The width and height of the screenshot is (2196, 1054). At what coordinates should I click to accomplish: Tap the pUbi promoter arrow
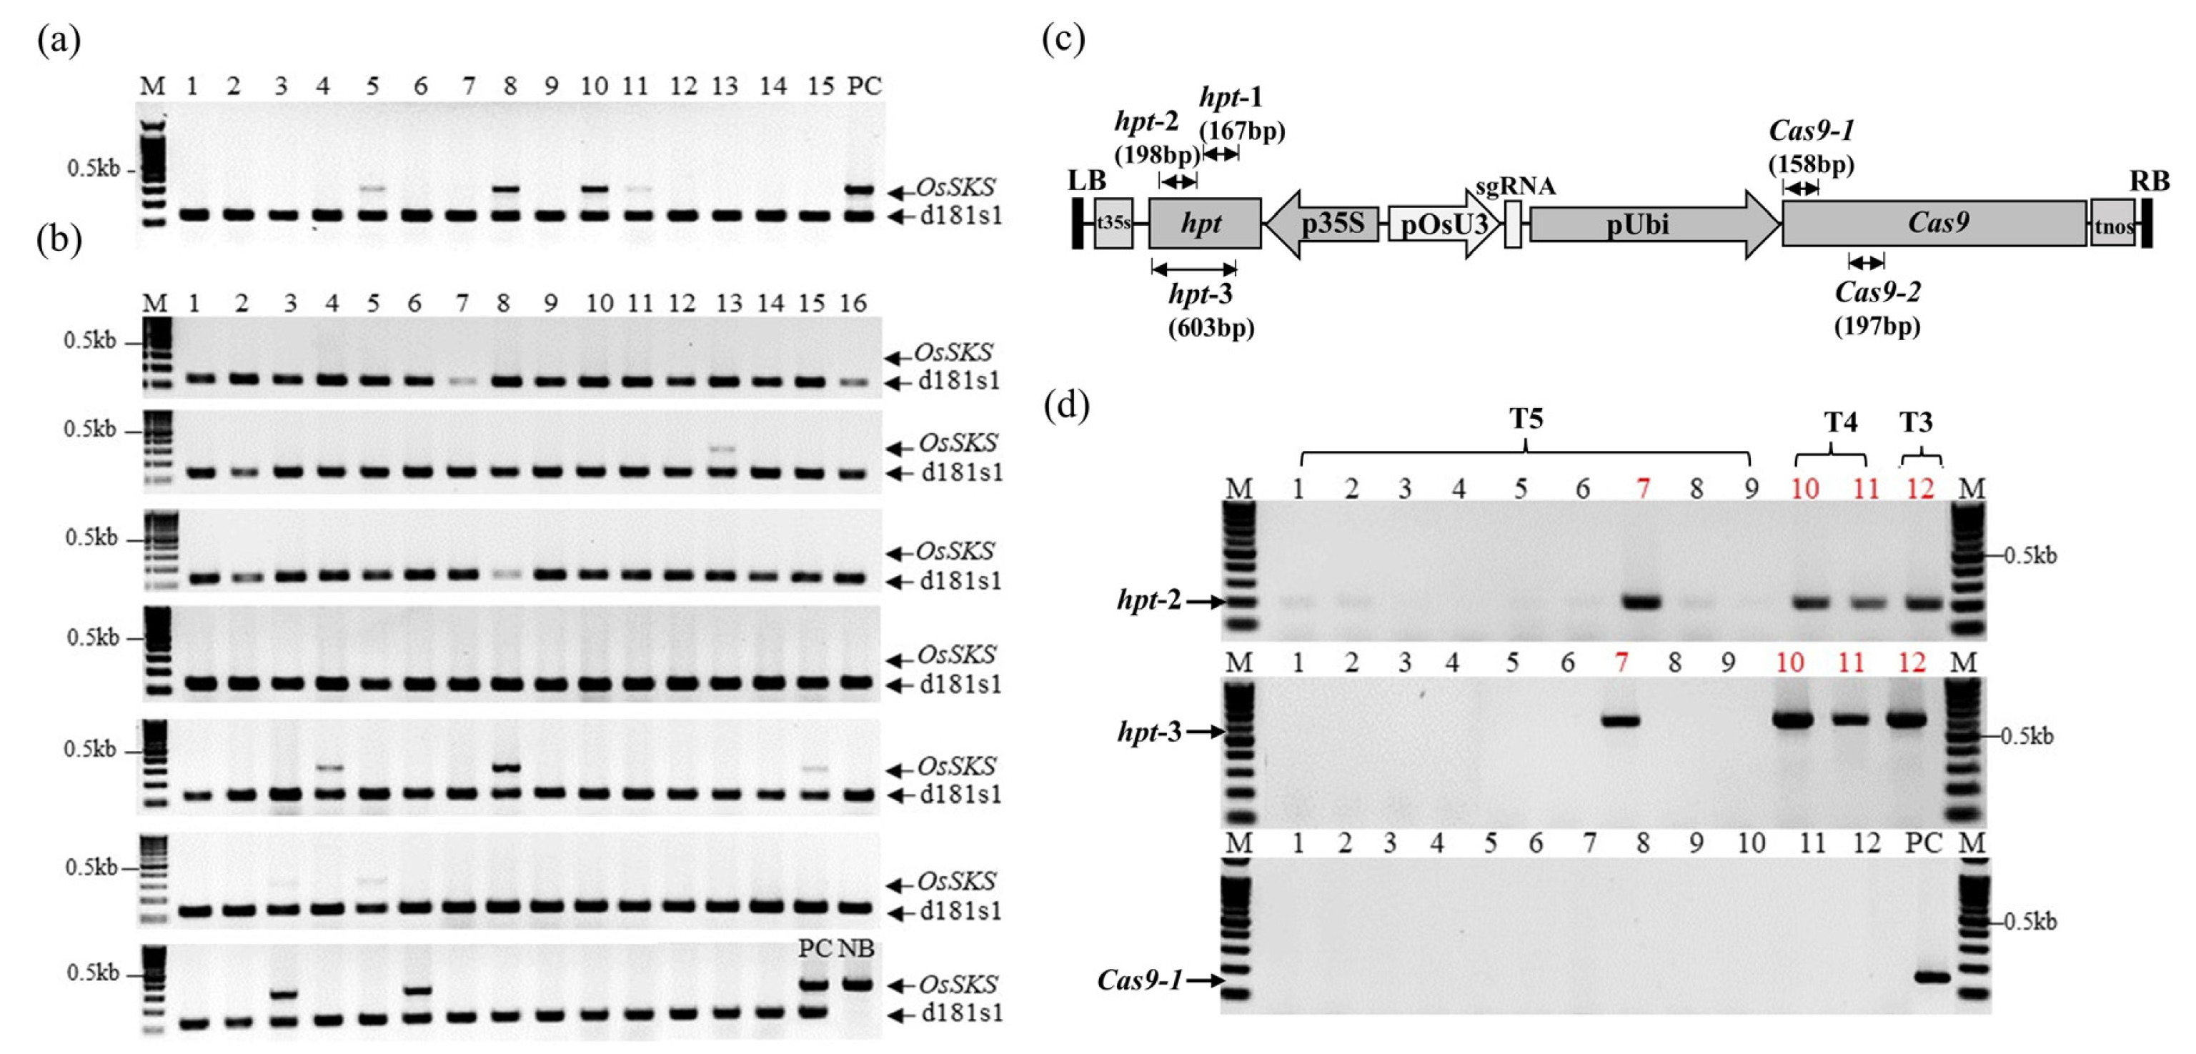point(1654,224)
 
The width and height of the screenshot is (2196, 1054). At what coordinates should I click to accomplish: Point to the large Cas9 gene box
point(1935,224)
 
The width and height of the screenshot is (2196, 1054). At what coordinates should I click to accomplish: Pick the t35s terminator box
point(1113,224)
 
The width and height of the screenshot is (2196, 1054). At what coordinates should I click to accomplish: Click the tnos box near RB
point(2112,224)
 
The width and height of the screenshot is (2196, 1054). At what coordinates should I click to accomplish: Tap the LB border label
point(1087,181)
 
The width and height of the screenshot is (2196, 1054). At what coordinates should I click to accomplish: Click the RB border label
point(2149,181)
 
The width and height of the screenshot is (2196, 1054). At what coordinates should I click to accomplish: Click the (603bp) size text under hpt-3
point(1211,327)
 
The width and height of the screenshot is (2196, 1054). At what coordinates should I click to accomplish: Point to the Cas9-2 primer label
point(1877,292)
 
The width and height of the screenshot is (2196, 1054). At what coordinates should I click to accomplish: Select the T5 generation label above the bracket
point(1527,419)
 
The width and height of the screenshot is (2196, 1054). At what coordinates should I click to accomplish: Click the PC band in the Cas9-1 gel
point(1932,1000)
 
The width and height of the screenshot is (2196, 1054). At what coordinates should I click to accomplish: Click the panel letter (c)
point(1063,39)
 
